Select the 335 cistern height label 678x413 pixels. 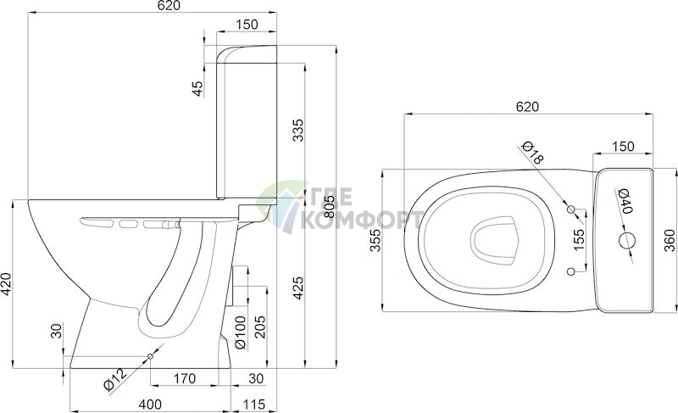click(298, 130)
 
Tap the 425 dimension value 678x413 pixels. click(298, 287)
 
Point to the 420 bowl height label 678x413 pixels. click(6, 284)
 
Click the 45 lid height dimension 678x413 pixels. click(197, 89)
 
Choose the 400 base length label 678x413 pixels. click(150, 405)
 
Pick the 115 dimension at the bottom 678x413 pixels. click(253, 405)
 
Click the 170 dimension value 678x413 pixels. click(185, 379)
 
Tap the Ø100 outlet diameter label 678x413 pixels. click(240, 332)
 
